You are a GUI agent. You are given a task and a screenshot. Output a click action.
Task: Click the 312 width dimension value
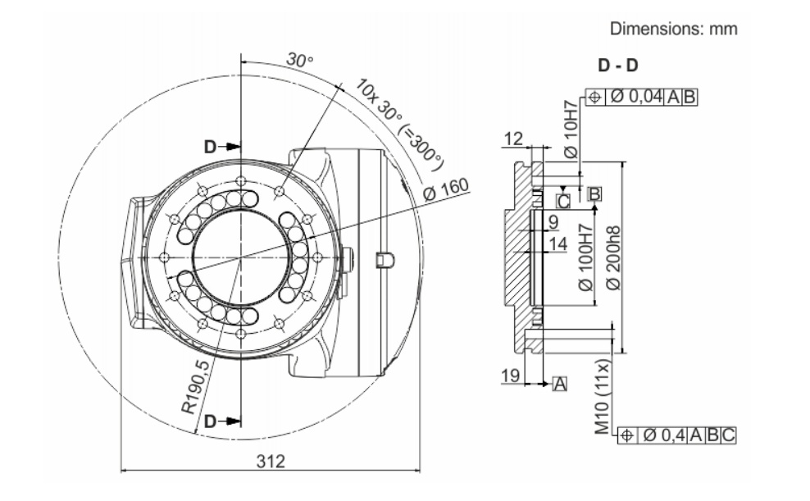coord(271,461)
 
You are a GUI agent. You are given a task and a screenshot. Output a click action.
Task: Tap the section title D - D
coord(618,66)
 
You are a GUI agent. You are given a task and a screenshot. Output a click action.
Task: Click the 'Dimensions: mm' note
coord(674,29)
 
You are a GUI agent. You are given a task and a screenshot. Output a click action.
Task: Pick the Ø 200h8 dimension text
coord(613,257)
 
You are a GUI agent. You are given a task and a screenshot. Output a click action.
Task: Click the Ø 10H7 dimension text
coord(571,129)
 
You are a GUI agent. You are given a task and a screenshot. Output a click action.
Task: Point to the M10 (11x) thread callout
coord(603,396)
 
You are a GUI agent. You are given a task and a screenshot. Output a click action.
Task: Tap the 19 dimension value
coord(511,376)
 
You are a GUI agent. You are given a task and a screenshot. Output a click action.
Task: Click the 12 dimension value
coord(513,139)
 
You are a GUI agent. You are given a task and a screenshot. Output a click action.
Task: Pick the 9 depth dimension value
coord(553,222)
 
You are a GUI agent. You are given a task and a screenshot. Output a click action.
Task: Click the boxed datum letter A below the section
coord(559,385)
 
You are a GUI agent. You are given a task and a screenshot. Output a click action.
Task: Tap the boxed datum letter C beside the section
coord(563,201)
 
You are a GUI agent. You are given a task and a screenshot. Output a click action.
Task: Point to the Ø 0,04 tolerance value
coord(636,97)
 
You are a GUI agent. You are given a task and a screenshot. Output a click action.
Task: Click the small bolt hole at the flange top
coord(240,180)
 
